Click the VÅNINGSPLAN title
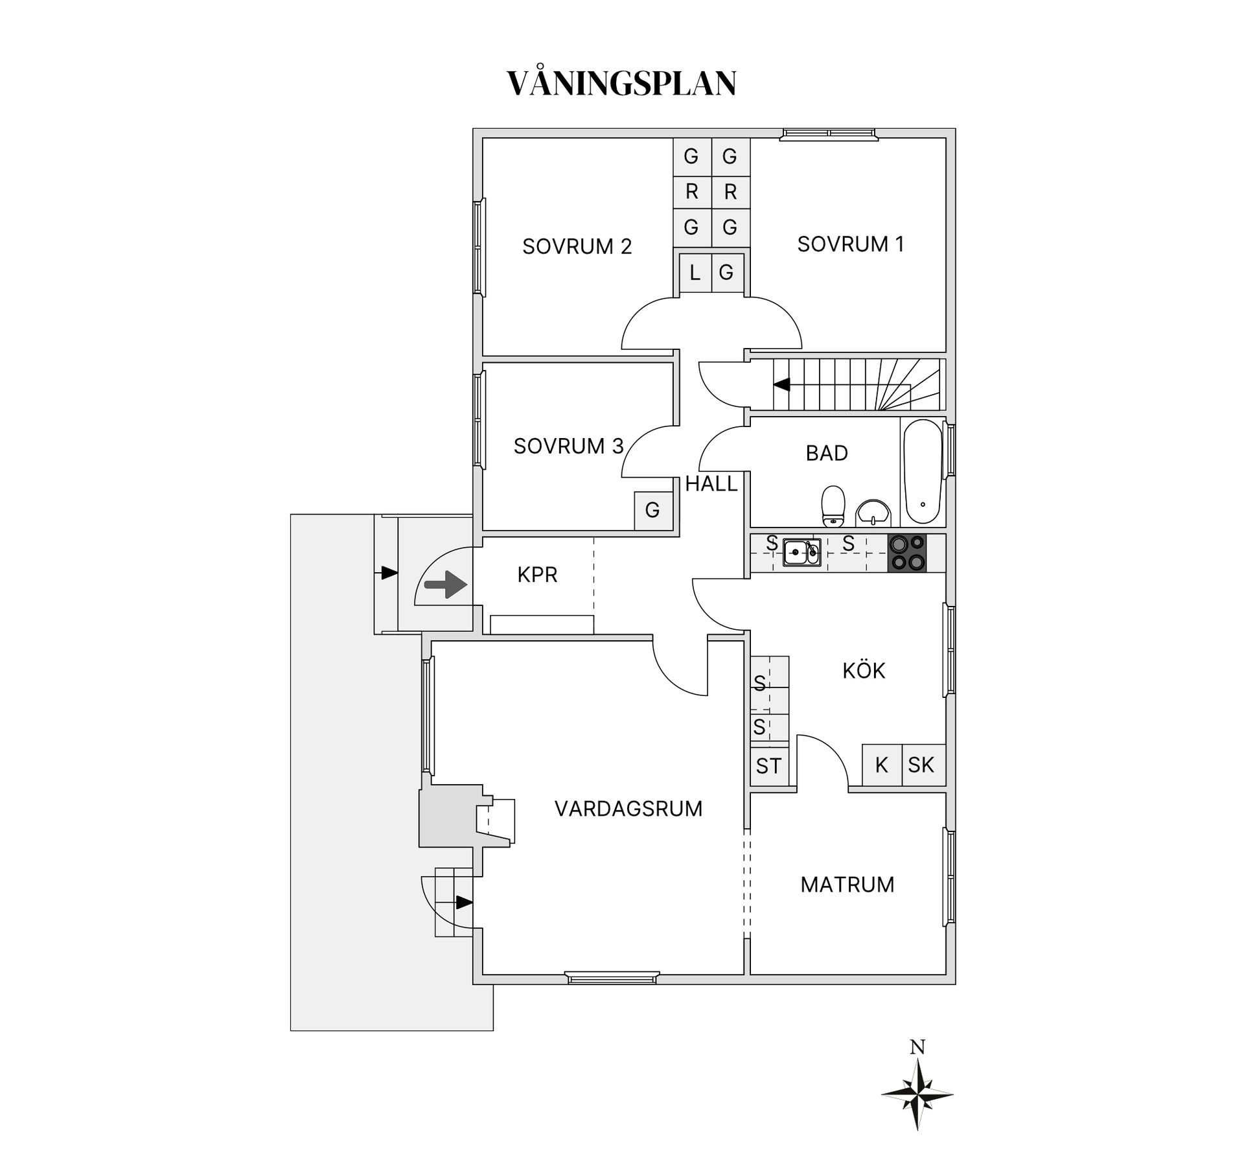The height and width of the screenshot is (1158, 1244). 621,84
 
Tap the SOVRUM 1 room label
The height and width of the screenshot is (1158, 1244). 850,244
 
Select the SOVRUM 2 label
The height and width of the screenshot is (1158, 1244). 577,247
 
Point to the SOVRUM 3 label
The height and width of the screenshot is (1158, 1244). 568,446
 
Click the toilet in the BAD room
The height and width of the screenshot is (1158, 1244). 833,506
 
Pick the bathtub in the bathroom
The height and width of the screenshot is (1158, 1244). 922,472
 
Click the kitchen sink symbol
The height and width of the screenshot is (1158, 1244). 802,552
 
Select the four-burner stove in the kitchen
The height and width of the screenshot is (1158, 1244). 907,553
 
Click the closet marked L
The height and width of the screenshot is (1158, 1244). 695,273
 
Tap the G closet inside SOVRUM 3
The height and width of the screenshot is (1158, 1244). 652,511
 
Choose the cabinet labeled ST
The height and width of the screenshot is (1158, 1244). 768,767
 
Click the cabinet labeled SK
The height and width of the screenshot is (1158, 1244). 921,765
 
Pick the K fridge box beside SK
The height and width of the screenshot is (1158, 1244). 881,765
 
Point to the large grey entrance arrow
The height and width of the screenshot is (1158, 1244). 446,585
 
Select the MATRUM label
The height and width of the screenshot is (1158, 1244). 847,885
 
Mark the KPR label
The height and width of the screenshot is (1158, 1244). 537,575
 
